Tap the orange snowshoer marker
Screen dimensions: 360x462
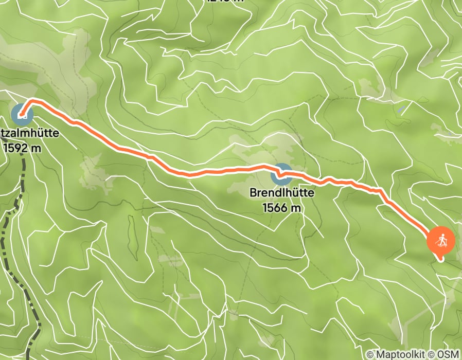click(441, 241)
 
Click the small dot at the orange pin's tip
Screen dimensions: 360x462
click(441, 259)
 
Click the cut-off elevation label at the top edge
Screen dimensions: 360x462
click(224, 1)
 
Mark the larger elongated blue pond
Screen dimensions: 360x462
click(400, 109)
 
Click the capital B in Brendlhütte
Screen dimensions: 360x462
click(253, 193)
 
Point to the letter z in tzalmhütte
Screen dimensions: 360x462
click(7, 134)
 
